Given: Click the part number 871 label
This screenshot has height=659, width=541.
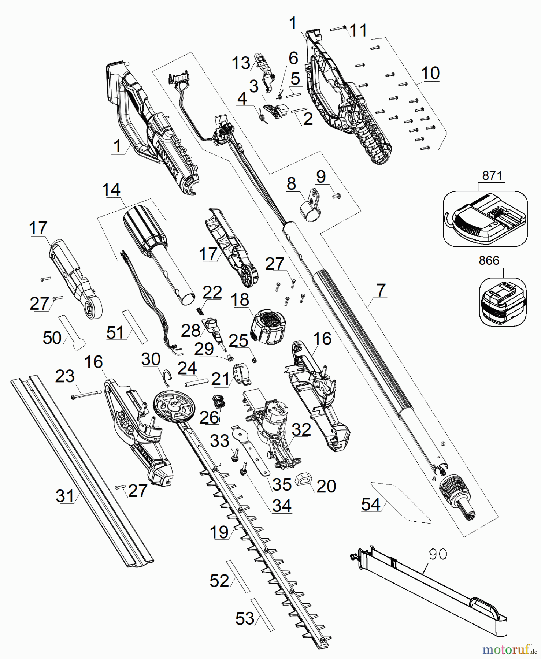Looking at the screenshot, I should click(x=492, y=176).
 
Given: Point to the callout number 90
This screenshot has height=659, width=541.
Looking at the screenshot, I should click(x=438, y=554).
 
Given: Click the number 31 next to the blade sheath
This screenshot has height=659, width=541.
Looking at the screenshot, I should click(x=65, y=496).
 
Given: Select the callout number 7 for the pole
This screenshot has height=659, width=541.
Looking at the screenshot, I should click(x=381, y=290).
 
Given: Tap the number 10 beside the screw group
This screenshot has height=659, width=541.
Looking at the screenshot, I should click(x=430, y=73).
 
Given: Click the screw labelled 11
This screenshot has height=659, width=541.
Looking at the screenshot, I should click(x=338, y=29).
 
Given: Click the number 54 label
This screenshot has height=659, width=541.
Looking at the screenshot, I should click(x=371, y=504).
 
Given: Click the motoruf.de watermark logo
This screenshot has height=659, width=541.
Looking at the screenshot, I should click(x=509, y=650).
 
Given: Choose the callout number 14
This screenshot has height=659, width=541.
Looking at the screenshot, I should click(x=111, y=190).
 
